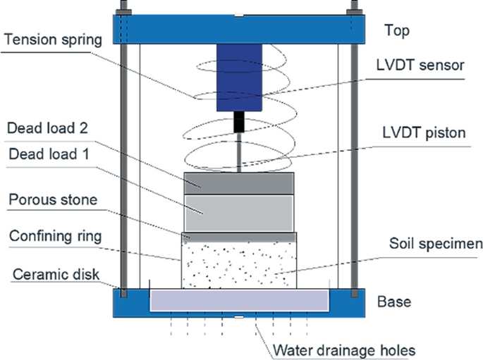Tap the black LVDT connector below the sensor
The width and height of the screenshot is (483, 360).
(239, 124)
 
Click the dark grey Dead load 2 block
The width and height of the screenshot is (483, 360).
(238, 182)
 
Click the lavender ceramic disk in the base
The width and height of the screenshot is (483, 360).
(240, 300)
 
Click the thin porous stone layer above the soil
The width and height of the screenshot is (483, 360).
(238, 237)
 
